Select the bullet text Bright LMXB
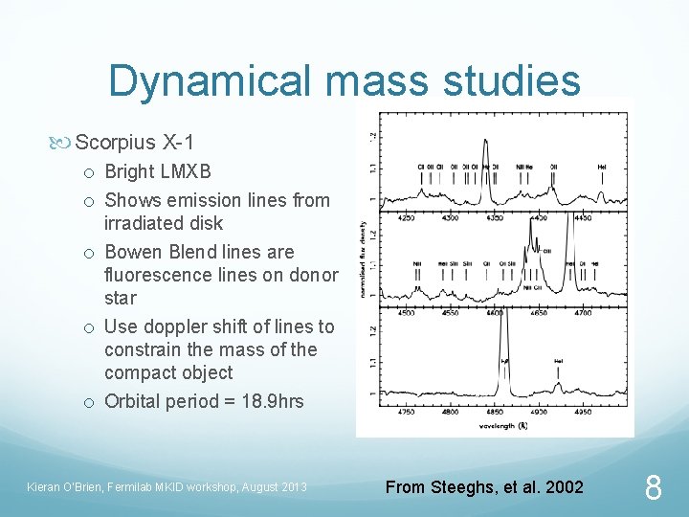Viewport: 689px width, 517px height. point(158,172)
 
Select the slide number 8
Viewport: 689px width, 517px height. point(653,489)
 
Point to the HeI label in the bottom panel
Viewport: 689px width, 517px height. point(558,361)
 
